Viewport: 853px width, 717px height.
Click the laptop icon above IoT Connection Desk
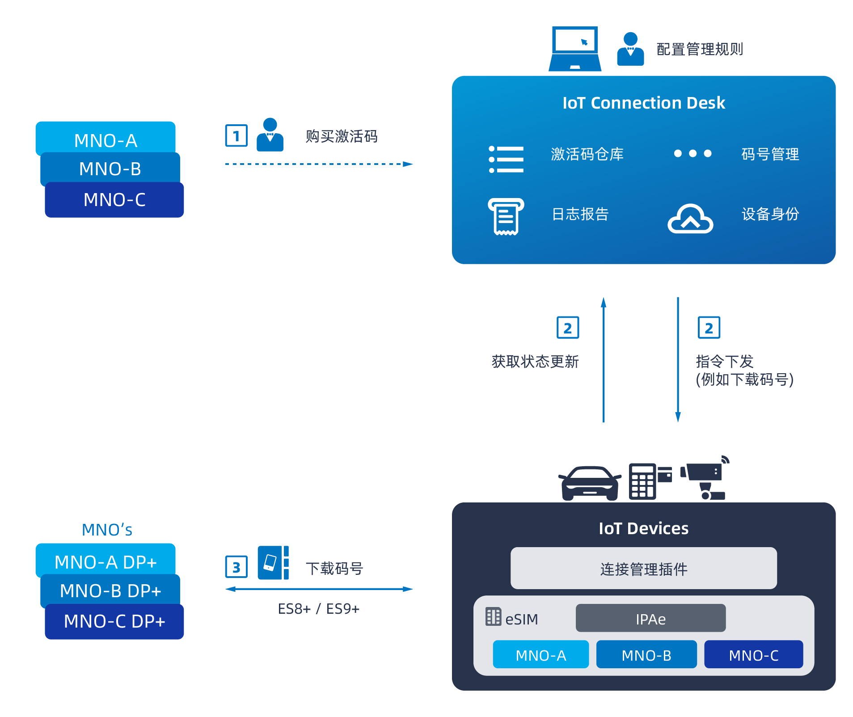click(575, 48)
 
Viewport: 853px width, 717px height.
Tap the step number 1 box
click(236, 136)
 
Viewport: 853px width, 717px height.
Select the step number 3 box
click(236, 567)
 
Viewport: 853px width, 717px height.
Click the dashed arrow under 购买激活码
click(318, 164)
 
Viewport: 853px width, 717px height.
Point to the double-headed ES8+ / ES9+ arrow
click(318, 589)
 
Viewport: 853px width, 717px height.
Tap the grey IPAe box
click(650, 618)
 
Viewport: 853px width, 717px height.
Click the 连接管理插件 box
click(643, 568)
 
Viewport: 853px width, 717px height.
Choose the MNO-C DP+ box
click(114, 622)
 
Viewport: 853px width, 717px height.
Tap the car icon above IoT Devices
click(590, 483)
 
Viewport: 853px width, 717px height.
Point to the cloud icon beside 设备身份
click(690, 219)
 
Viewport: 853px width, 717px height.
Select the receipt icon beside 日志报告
click(506, 216)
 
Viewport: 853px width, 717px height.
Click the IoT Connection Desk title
click(643, 103)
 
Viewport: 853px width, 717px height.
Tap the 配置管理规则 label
click(700, 49)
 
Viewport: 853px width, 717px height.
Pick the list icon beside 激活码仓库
click(506, 159)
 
